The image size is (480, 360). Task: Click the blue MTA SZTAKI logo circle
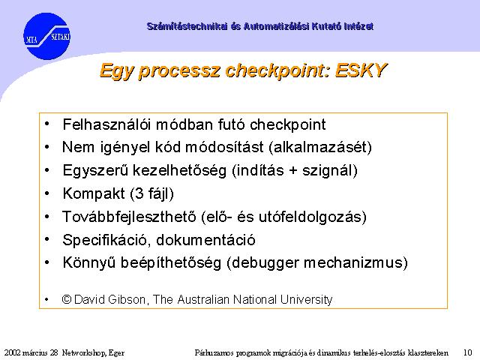46,36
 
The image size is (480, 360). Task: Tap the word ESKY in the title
361,70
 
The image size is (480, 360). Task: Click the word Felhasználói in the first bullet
107,124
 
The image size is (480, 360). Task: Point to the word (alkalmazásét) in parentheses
320,147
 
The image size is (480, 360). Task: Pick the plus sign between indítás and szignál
293,170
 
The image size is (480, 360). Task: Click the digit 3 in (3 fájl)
139,193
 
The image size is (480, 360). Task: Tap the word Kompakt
94,193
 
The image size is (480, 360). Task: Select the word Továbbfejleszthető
129,217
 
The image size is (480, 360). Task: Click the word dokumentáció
206,240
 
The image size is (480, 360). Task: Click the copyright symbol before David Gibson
67,299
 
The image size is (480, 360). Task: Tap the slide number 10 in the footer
468,352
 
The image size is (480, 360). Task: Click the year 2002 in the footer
12,352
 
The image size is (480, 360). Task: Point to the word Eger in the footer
117,353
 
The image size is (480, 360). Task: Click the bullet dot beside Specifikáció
46,239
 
